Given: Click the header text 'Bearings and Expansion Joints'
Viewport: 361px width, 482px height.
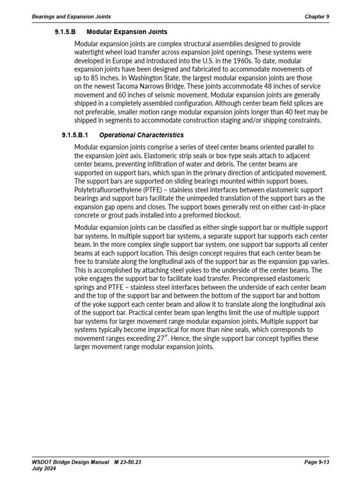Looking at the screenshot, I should click(x=71, y=16).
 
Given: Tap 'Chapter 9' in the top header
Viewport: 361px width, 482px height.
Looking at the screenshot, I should click(x=317, y=16).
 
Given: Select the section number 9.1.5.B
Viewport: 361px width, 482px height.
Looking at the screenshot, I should click(x=66, y=32).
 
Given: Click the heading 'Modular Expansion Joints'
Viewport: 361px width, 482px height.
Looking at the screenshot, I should click(x=127, y=32).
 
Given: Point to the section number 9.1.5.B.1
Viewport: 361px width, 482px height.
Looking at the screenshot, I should click(x=75, y=135).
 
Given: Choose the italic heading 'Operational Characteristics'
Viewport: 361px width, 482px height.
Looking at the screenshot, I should click(x=141, y=135).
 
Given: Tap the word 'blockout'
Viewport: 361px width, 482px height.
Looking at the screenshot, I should click(x=225, y=215).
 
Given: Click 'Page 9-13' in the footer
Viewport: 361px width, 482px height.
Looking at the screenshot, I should click(x=317, y=462).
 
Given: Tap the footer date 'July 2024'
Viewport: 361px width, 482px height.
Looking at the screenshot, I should click(x=44, y=469).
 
